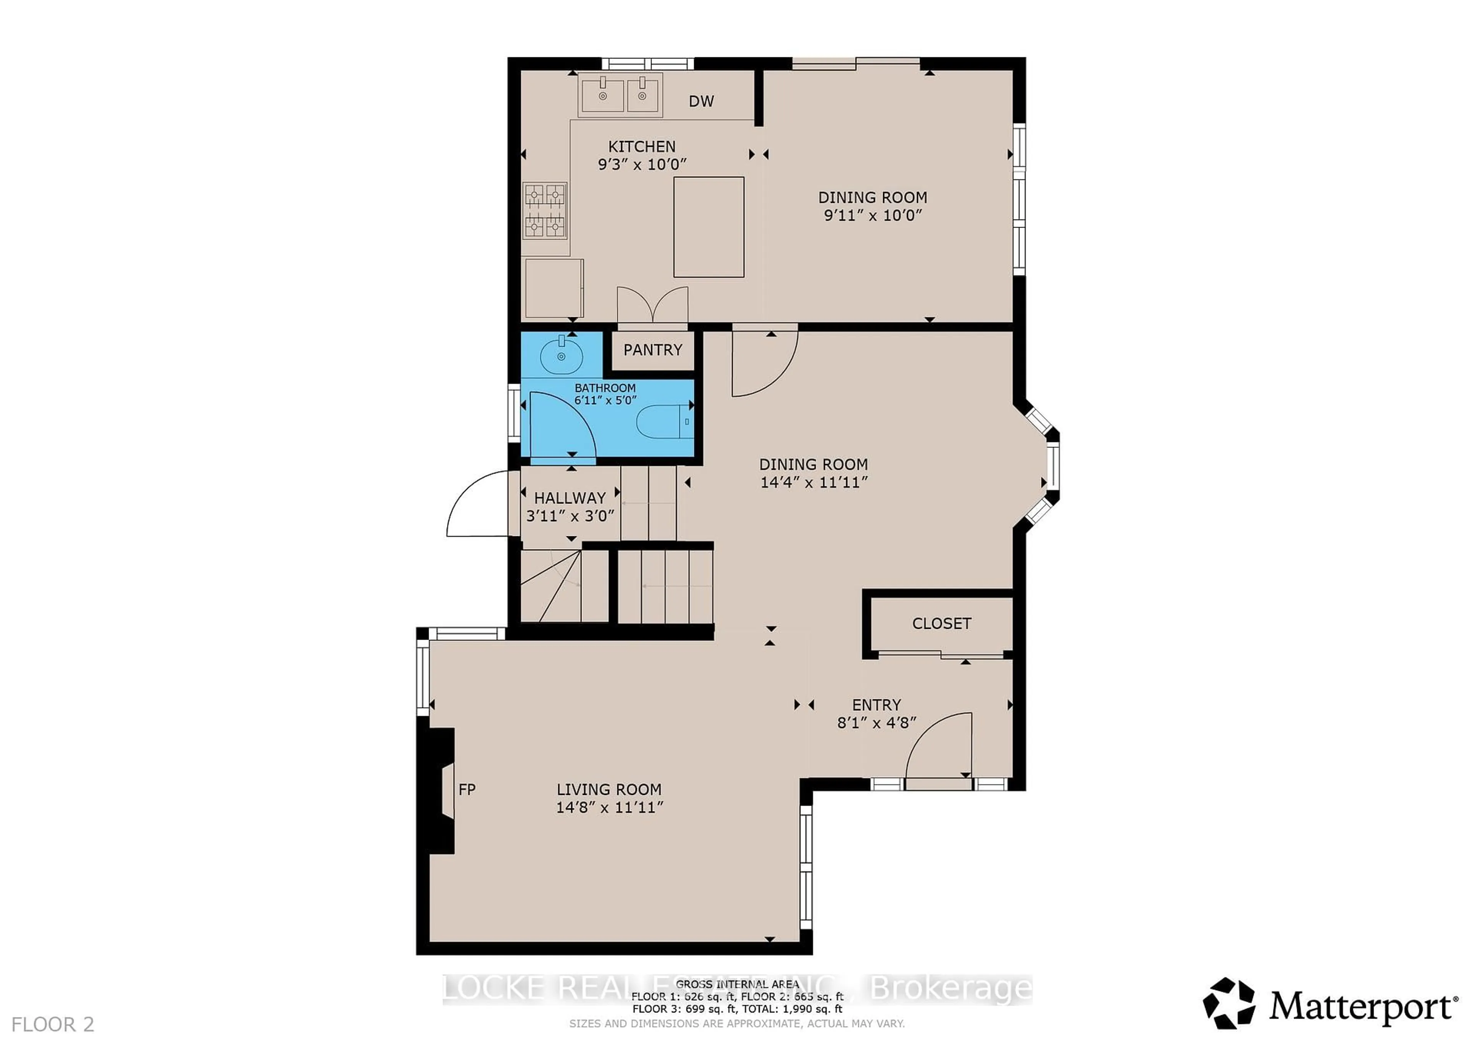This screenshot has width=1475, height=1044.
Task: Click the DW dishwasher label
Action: coord(701,101)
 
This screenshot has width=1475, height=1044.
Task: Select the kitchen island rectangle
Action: coord(709,227)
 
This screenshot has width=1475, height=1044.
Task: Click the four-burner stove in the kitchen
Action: coord(545,210)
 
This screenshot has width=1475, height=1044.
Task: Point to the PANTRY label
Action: coord(652,350)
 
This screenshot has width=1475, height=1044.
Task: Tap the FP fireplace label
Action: coord(467,790)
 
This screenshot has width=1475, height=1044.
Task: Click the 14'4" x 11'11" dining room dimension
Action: coord(814,482)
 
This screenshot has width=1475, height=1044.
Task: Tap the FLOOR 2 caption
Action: coord(53,1024)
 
